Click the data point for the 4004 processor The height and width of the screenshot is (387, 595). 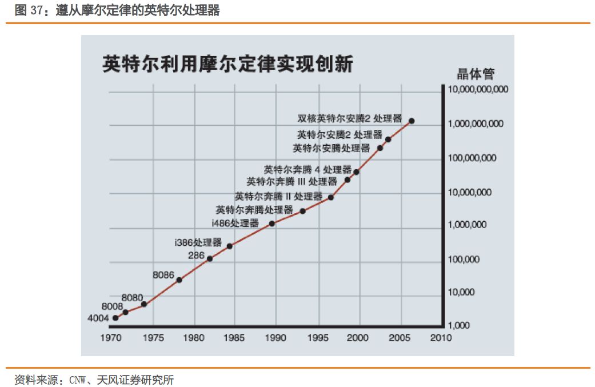point(115,318)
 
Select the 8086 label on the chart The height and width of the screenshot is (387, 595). point(163,275)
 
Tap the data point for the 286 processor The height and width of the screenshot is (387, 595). point(210,259)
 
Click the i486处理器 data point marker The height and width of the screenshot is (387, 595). point(272,224)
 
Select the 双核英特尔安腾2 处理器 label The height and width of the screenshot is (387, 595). point(350,119)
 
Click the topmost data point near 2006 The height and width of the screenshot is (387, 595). point(412,121)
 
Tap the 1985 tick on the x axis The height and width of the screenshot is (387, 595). point(234,338)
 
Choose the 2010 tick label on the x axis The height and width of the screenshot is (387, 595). point(441,338)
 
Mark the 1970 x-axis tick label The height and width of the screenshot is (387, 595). point(113,338)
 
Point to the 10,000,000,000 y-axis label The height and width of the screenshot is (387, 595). point(478,90)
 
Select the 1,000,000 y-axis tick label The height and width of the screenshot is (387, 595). point(468,225)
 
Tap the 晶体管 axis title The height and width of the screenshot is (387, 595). point(476,74)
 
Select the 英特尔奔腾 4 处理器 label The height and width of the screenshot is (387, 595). point(308,170)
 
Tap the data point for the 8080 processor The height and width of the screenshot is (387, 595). point(144,304)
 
